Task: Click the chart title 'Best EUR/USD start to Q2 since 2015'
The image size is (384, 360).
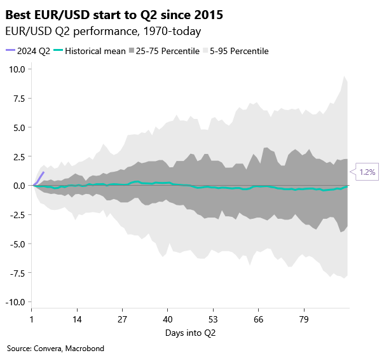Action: (x=114, y=13)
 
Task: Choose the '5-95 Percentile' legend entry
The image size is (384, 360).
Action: (x=239, y=50)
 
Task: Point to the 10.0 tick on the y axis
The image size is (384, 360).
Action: (x=16, y=69)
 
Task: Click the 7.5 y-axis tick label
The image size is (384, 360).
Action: (x=18, y=98)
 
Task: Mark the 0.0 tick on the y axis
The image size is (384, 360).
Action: (x=18, y=186)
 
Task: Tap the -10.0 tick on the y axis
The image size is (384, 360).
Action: (x=15, y=301)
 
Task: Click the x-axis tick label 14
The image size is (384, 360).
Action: (x=77, y=319)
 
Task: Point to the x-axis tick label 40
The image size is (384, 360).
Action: (x=167, y=319)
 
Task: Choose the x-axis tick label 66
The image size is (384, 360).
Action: (x=258, y=319)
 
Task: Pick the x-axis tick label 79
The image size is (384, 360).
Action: (x=303, y=319)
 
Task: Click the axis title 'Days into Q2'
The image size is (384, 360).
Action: (x=190, y=333)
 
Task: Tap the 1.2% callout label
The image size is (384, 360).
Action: (x=367, y=172)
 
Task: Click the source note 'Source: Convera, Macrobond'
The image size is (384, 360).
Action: (x=55, y=349)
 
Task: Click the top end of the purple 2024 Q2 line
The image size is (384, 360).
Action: (x=43, y=172)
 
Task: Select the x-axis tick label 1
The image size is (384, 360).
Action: (x=32, y=319)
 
